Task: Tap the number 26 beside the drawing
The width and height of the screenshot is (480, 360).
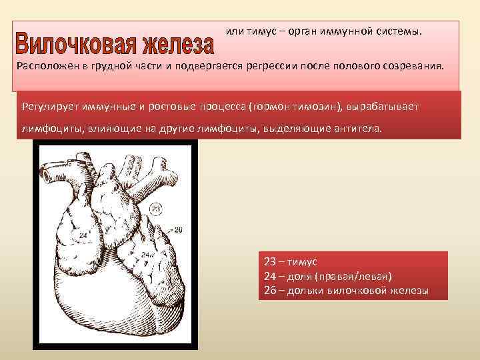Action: click(178, 230)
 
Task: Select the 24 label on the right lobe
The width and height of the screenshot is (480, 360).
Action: click(145, 255)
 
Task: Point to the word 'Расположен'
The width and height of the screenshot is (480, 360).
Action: click(46, 67)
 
